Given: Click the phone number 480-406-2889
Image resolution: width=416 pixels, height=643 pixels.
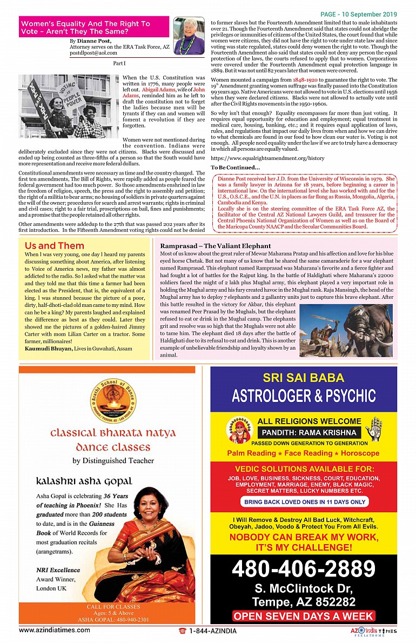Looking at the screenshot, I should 303,569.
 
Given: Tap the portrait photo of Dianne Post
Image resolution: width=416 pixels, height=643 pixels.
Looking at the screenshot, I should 189,36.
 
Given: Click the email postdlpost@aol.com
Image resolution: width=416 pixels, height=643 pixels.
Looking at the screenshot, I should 94,53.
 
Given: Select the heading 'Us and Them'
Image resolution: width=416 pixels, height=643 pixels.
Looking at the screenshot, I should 54,246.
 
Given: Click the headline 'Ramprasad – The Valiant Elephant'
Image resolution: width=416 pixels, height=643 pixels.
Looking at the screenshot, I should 216,246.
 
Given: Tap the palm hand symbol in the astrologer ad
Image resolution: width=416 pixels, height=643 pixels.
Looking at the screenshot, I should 373,428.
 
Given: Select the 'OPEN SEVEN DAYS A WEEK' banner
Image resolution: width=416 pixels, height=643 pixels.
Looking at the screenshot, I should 304,616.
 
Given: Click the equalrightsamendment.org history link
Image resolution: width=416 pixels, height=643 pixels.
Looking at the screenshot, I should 267,158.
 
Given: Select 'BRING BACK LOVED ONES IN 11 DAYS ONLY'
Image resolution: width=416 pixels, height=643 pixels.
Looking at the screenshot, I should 304,502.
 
